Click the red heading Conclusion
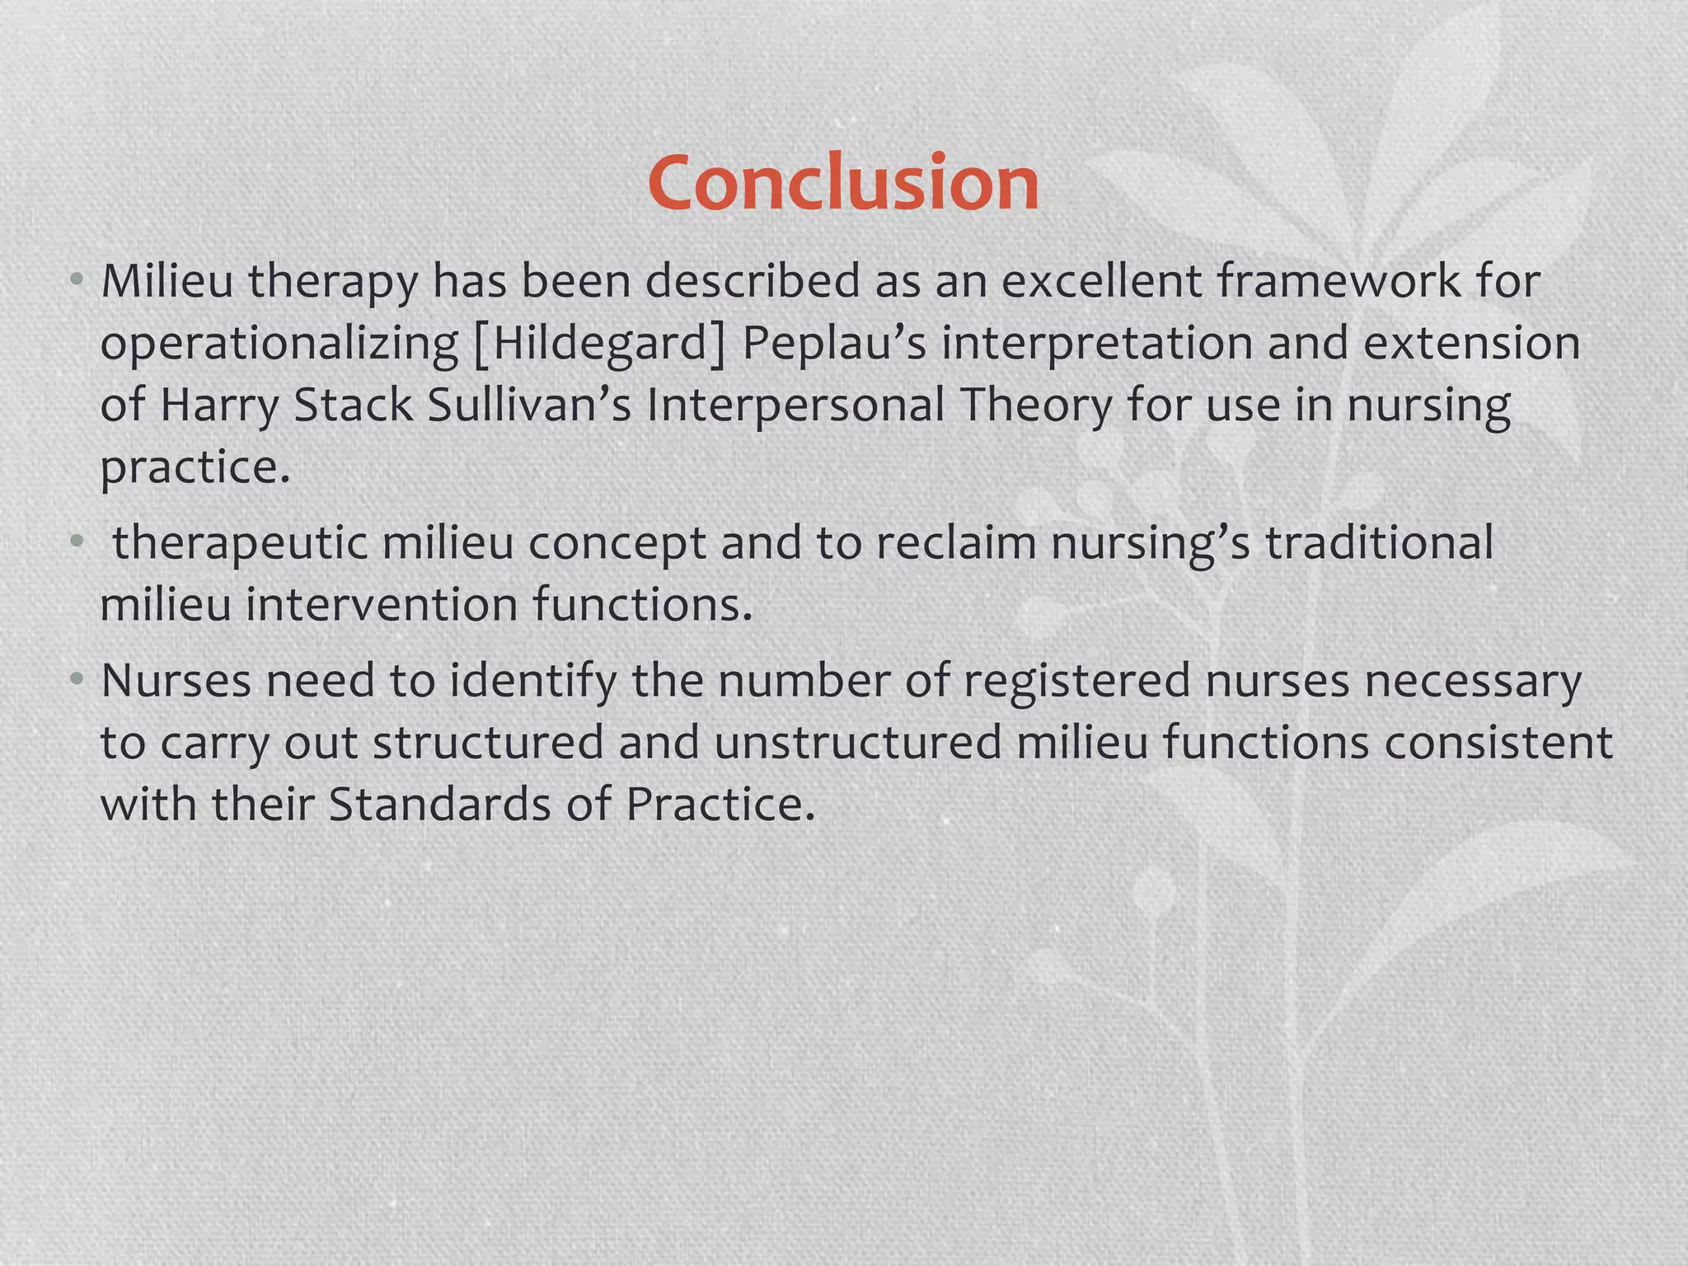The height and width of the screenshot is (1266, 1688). pyautogui.click(x=843, y=183)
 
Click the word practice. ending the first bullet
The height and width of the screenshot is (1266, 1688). pyautogui.click(x=195, y=468)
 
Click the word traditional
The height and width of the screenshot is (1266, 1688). pyautogui.click(x=1379, y=542)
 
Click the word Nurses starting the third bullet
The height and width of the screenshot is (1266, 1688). pyautogui.click(x=176, y=681)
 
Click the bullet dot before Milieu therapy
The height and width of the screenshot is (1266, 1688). pyautogui.click(x=77, y=279)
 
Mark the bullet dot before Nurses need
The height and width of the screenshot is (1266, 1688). pyautogui.click(x=77, y=679)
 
